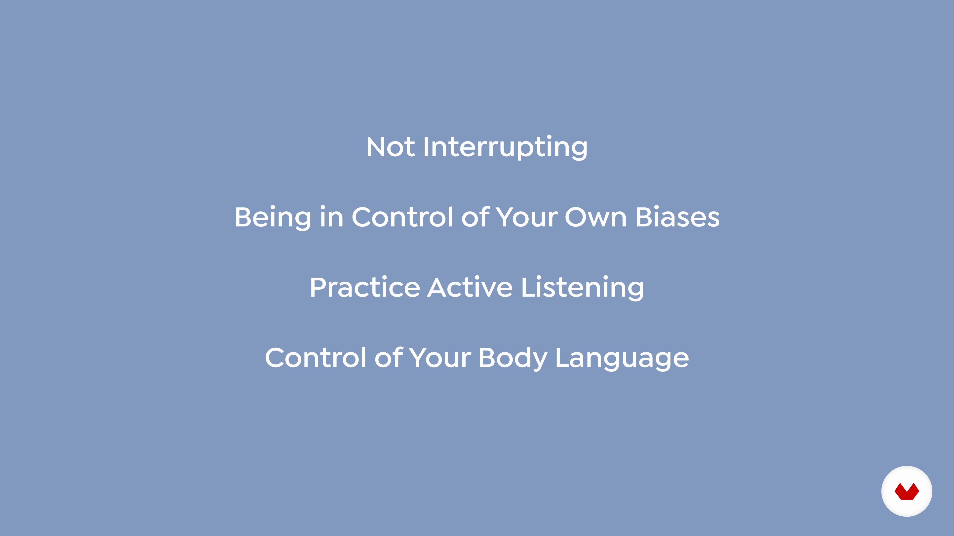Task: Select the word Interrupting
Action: click(505, 147)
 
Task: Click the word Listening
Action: click(583, 288)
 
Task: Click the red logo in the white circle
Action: click(907, 491)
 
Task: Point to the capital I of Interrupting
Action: click(426, 147)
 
